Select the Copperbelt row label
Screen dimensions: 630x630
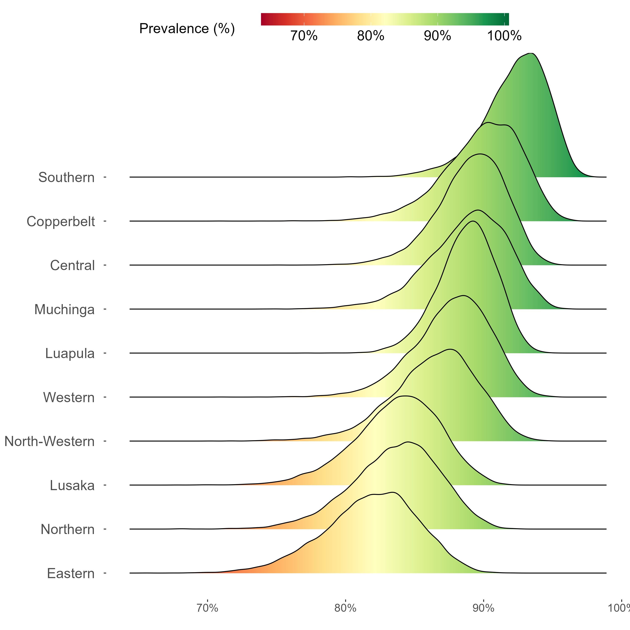coord(61,221)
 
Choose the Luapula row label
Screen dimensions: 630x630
coord(70,353)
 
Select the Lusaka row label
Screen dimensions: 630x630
coord(72,486)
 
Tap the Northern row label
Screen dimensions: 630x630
coord(67,529)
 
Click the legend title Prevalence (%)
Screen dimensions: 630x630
coord(187,29)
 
